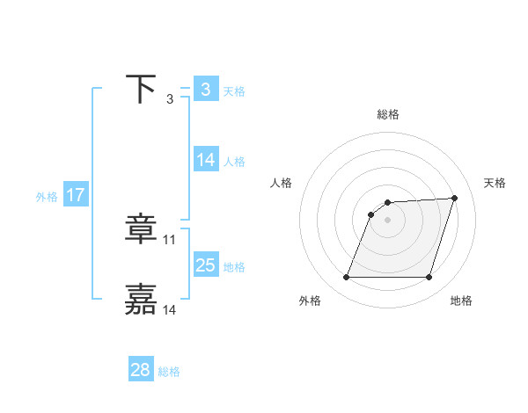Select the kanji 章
pos(141,230)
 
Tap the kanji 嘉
pos(141,299)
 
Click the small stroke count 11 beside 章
pos(170,239)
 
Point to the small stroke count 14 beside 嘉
pos(170,308)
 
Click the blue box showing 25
pos(206,265)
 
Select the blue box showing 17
pos(76,195)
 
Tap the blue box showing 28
pos(141,370)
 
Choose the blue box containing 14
pos(206,160)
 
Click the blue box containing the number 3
pos(206,90)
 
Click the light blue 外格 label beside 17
pos(47,197)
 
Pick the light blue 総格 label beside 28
pos(169,372)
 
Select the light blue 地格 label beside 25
pos(234,267)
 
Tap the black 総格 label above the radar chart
pos(387,114)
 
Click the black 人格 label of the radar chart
pos(282,183)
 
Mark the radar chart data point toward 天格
pos(454,199)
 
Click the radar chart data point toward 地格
pos(429,277)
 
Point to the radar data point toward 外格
pos(347,277)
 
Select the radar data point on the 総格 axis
pos(388,203)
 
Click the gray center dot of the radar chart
pos(388,220)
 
